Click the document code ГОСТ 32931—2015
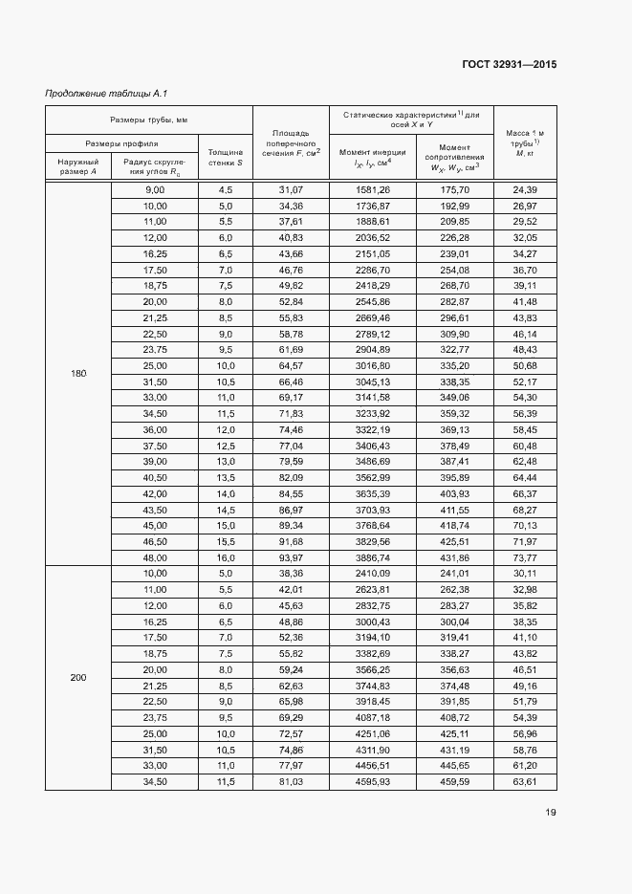tap(510, 65)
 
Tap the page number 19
tap(551, 813)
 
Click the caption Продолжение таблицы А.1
tap(107, 94)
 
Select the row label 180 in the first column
tap(77, 373)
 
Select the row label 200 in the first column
tap(77, 678)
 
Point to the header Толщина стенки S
tap(226, 158)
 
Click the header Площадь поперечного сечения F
tap(291, 142)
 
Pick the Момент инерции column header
tap(373, 158)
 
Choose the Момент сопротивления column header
tap(455, 158)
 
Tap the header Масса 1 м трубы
tap(525, 142)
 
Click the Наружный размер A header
tap(77, 166)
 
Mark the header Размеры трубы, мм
tap(148, 120)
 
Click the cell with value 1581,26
tap(373, 190)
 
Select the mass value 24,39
tap(525, 190)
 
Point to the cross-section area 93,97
tap(291, 556)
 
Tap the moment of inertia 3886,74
tap(373, 556)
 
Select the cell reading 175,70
tap(455, 190)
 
